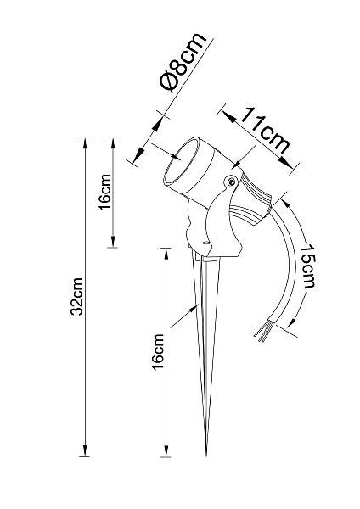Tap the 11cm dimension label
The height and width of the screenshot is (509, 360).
pyautogui.click(x=264, y=131)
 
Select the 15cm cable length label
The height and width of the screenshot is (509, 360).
pyautogui.click(x=307, y=266)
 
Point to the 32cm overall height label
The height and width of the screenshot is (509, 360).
pyautogui.click(x=77, y=296)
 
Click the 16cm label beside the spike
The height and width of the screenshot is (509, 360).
pyautogui.click(x=158, y=351)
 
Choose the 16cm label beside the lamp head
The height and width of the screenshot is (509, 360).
pyautogui.click(x=105, y=193)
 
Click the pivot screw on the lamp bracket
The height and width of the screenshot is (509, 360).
pyautogui.click(x=231, y=182)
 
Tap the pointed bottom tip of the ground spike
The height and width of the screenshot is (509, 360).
pyautogui.click(x=206, y=455)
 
